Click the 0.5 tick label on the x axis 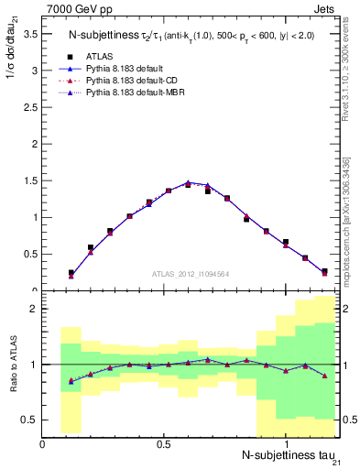164,442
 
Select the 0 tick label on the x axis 43,442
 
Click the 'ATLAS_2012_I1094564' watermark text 191,272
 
